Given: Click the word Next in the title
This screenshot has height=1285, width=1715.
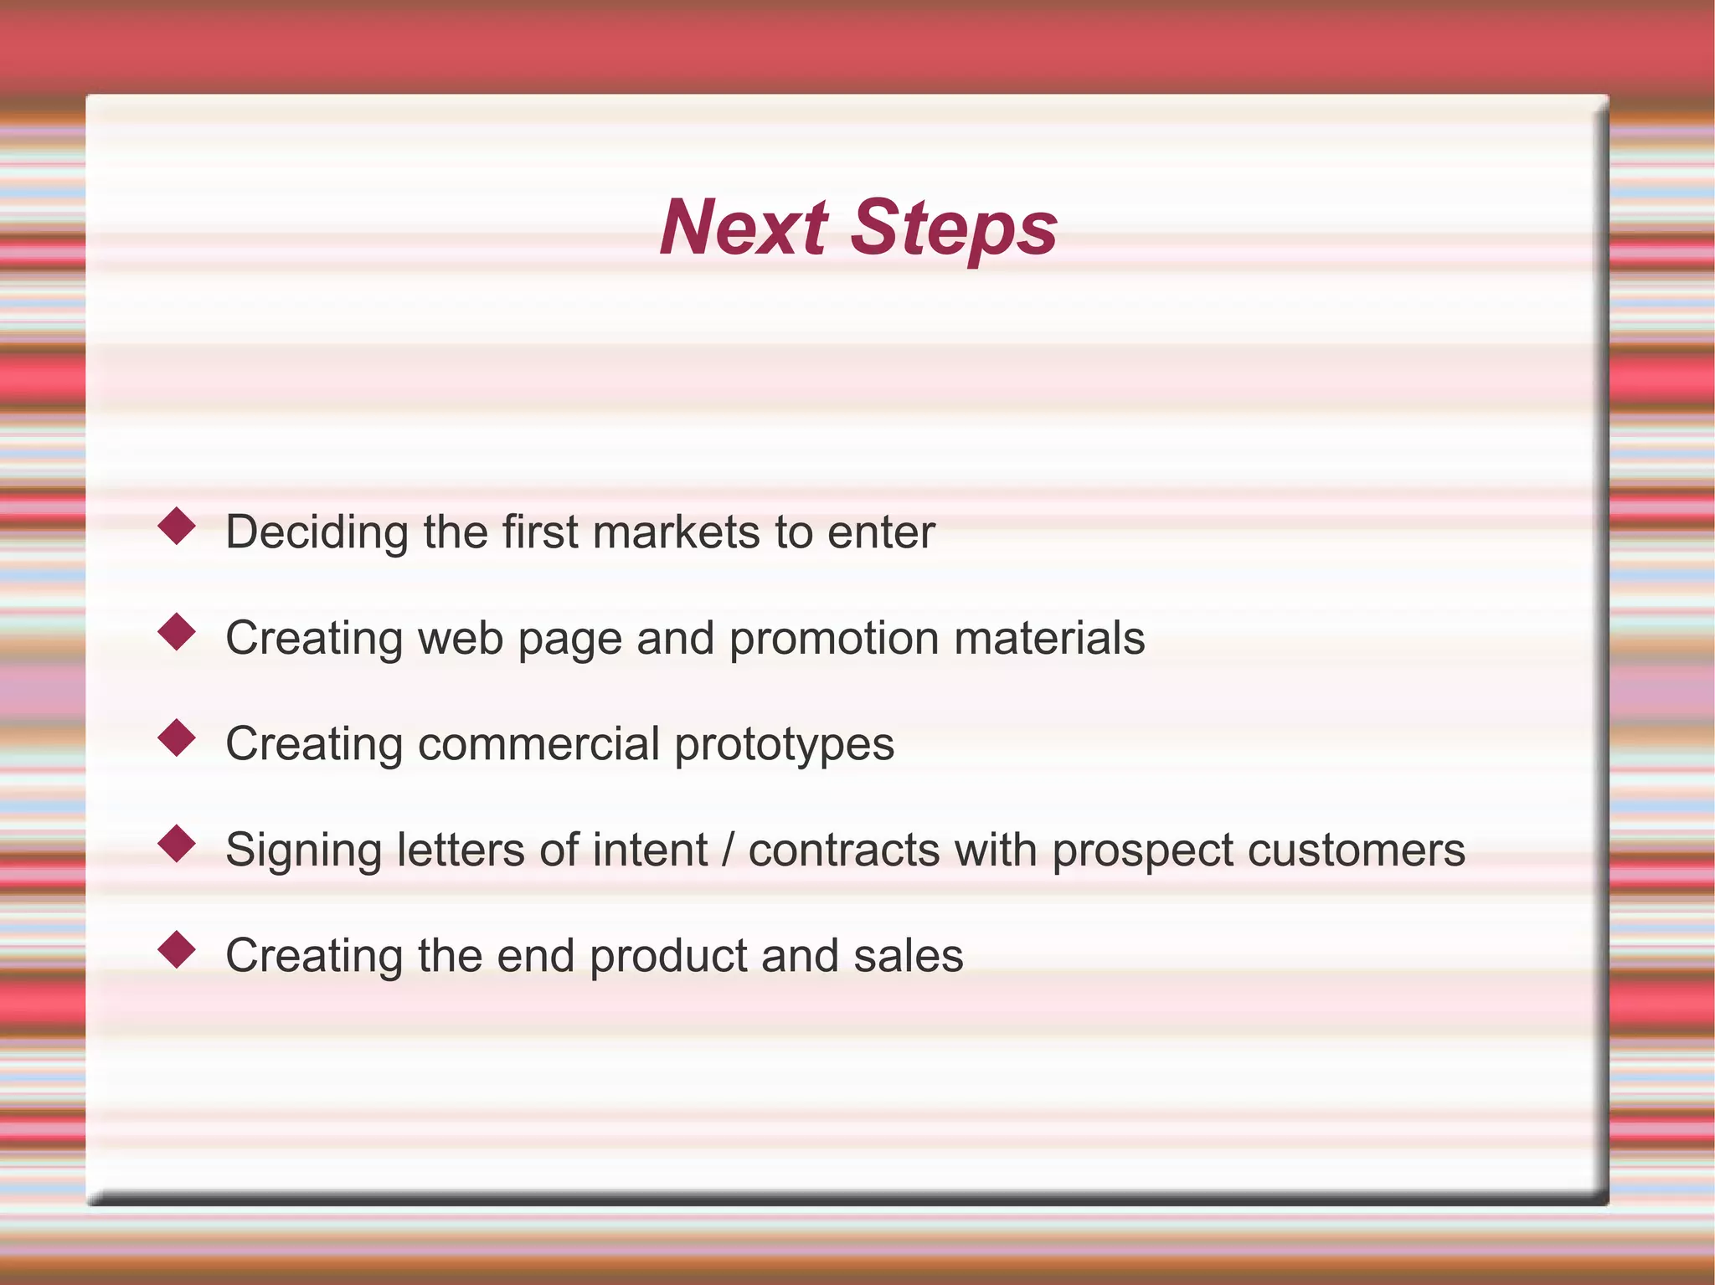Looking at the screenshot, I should pyautogui.click(x=744, y=228).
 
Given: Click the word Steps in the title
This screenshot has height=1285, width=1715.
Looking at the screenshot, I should pyautogui.click(x=954, y=229).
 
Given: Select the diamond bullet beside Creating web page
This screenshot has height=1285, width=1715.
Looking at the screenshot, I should pyautogui.click(x=177, y=632).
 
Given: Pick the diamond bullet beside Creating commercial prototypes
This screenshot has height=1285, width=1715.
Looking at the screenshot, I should pyautogui.click(x=177, y=738).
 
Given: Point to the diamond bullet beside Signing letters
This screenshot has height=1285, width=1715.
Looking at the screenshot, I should pyautogui.click(x=177, y=844).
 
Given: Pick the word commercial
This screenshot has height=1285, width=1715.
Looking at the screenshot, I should pyautogui.click(x=538, y=744).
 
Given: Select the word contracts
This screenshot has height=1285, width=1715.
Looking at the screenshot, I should pyautogui.click(x=844, y=851).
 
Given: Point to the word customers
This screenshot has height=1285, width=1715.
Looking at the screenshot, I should pyautogui.click(x=1357, y=851).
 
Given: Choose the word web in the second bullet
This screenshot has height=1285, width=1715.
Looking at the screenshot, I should pyautogui.click(x=460, y=638).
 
